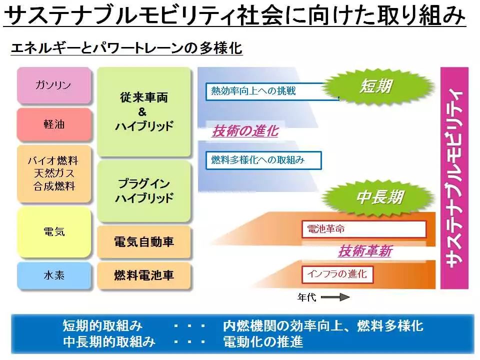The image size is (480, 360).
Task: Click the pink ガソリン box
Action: tap(54, 85)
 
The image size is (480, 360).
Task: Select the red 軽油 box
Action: tap(54, 124)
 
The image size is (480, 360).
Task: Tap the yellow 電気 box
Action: tap(54, 231)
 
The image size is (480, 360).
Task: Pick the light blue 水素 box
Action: tap(54, 275)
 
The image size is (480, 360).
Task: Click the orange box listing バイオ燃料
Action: tap(54, 173)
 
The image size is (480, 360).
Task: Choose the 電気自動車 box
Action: tap(144, 242)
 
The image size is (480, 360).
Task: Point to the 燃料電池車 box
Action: tap(144, 275)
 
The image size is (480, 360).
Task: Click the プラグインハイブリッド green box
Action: tap(144, 191)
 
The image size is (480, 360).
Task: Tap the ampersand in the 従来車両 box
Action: tap(142, 112)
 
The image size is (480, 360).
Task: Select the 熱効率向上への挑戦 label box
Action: tap(272, 91)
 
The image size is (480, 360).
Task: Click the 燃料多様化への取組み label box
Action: tap(263, 160)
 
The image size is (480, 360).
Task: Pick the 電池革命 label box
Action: tap(364, 229)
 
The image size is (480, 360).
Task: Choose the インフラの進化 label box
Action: tap(337, 274)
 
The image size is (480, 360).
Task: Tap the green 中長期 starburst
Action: tap(379, 196)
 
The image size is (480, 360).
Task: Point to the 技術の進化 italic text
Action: tap(245, 131)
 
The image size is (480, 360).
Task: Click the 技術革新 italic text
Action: tap(365, 251)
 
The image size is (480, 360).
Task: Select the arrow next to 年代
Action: tap(335, 297)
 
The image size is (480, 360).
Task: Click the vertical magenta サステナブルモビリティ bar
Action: tap(454, 178)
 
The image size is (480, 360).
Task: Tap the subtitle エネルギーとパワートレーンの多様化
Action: tap(126, 48)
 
